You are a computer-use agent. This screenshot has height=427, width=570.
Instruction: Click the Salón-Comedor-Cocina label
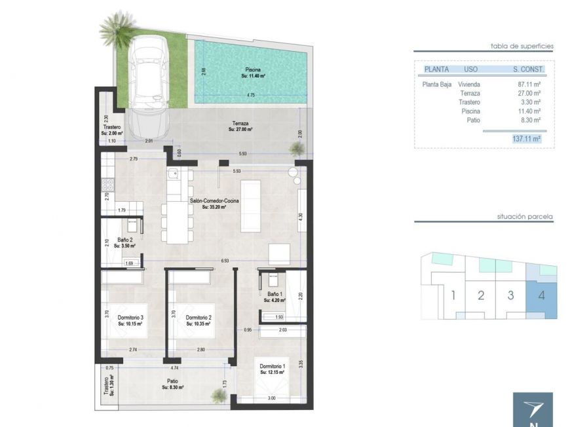[x=208, y=203]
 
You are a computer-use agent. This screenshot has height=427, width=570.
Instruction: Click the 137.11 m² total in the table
[x=525, y=139]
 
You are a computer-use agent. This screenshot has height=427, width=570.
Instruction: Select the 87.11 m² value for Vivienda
[x=529, y=84]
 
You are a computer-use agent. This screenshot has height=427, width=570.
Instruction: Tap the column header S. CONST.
[x=529, y=69]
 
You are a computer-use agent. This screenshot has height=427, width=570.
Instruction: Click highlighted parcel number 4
[x=541, y=295]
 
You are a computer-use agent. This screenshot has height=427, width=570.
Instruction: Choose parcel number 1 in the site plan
[x=452, y=295]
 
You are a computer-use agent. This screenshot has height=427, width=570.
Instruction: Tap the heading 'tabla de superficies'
[x=522, y=46]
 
